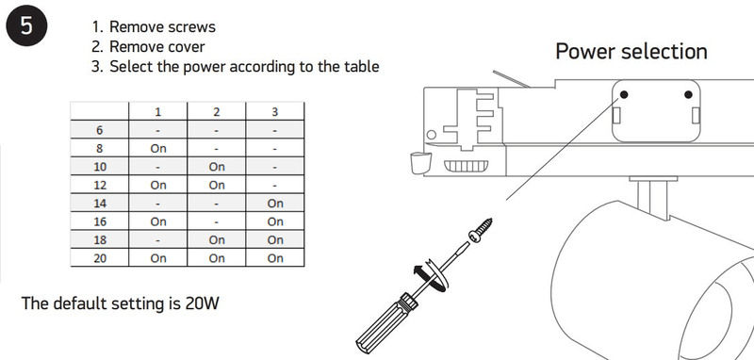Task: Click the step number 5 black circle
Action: pos(26,25)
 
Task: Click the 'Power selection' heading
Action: pos(631,51)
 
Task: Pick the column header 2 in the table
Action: pos(217,112)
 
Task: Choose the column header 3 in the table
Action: pos(274,112)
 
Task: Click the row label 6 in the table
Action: pos(100,130)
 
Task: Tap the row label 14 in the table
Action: pos(100,204)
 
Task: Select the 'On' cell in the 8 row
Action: pos(158,149)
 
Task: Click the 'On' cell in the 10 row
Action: pos(217,167)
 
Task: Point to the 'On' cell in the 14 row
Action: pos(275,204)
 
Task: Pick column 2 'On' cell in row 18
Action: pos(217,239)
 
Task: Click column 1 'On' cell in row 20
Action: pos(158,258)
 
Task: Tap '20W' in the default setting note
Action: pos(202,303)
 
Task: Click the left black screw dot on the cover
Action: pos(624,94)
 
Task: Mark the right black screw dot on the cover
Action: pos(688,94)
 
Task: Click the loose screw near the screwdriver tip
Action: pos(481,230)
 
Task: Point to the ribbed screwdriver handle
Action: pos(385,321)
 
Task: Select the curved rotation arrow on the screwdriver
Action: pos(431,276)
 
